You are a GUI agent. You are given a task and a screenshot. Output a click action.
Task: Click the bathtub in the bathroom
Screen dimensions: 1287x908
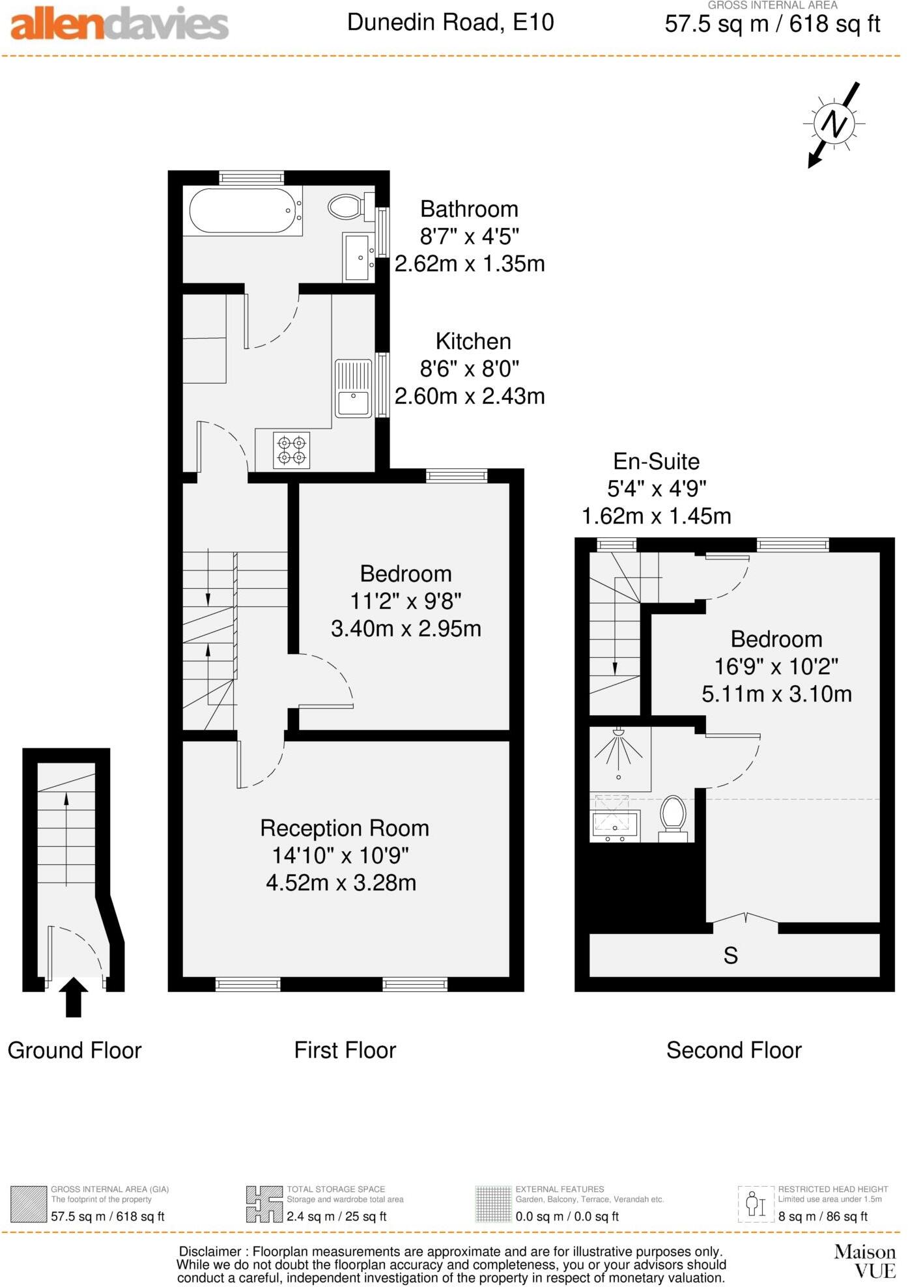tap(242, 210)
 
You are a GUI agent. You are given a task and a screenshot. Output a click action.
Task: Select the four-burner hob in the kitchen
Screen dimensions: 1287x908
tap(292, 450)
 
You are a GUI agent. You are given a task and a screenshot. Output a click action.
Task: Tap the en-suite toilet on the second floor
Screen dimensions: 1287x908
tap(674, 817)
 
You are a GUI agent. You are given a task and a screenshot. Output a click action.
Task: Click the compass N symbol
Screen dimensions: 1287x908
tap(834, 123)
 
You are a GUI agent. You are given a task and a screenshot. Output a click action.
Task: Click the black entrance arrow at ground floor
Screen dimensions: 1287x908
tap(74, 996)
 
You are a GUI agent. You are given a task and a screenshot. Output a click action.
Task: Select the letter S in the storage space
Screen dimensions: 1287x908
tap(730, 955)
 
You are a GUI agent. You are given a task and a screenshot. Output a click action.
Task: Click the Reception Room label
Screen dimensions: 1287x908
tap(345, 828)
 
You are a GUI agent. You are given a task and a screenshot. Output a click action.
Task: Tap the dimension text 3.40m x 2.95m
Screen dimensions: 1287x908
tap(406, 629)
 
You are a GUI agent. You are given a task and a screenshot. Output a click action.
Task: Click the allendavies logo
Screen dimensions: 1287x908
tap(119, 24)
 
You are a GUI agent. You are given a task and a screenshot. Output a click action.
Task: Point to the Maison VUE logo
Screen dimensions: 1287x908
tap(866, 1261)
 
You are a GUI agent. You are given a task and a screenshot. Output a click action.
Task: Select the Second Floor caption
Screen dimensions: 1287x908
tap(733, 1050)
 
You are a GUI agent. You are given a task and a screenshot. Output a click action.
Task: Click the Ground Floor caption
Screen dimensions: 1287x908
tap(74, 1050)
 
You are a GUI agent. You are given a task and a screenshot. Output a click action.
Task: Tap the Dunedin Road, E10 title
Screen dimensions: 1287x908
tap(450, 22)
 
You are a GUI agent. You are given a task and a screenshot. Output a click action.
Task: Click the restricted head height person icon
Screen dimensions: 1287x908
tap(756, 1204)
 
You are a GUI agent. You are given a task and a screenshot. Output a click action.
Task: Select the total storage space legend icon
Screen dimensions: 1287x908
tap(264, 1204)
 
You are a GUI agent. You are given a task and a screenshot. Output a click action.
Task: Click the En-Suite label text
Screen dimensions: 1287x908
tap(656, 461)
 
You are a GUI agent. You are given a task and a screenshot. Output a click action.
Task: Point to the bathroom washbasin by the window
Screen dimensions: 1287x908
tap(358, 257)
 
